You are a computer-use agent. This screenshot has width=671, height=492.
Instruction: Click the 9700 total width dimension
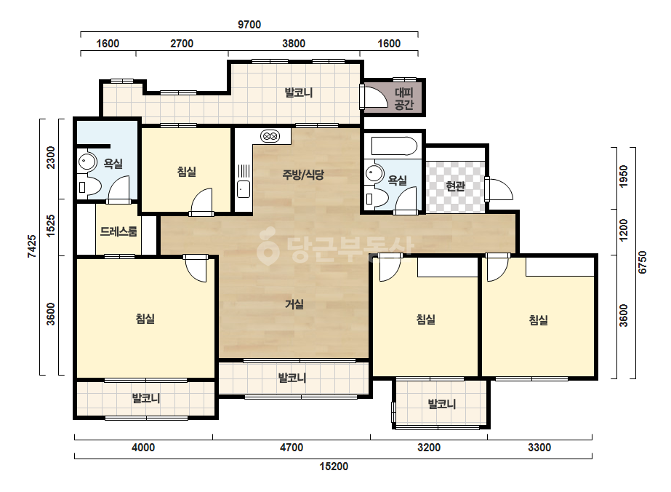tap(249, 25)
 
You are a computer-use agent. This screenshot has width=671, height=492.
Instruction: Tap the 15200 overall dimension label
tap(334, 467)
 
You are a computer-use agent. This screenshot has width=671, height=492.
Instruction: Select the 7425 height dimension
tap(32, 246)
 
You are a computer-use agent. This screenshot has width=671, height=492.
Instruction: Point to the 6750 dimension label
tap(643, 262)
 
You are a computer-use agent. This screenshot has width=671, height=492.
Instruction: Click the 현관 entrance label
tap(455, 186)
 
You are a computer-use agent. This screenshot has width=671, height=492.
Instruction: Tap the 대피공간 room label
tap(404, 98)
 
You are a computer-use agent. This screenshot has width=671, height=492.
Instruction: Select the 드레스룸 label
tap(118, 232)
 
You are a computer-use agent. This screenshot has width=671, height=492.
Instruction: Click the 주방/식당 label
tap(303, 175)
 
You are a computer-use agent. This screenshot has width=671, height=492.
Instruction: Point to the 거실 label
tap(294, 304)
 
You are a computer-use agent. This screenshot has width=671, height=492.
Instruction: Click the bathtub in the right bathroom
tap(394, 146)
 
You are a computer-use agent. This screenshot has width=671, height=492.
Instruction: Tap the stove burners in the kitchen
tap(270, 136)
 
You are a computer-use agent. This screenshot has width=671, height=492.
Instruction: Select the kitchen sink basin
tap(244, 189)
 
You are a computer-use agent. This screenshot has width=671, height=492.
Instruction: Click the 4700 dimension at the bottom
tap(292, 448)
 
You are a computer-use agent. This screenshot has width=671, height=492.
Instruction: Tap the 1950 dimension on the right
tap(624, 175)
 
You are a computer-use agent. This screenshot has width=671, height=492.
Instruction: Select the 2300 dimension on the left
tap(51, 158)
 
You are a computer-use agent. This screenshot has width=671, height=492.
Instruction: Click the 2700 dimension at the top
tap(182, 43)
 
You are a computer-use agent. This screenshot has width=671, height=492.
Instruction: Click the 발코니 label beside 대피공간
tap(299, 92)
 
